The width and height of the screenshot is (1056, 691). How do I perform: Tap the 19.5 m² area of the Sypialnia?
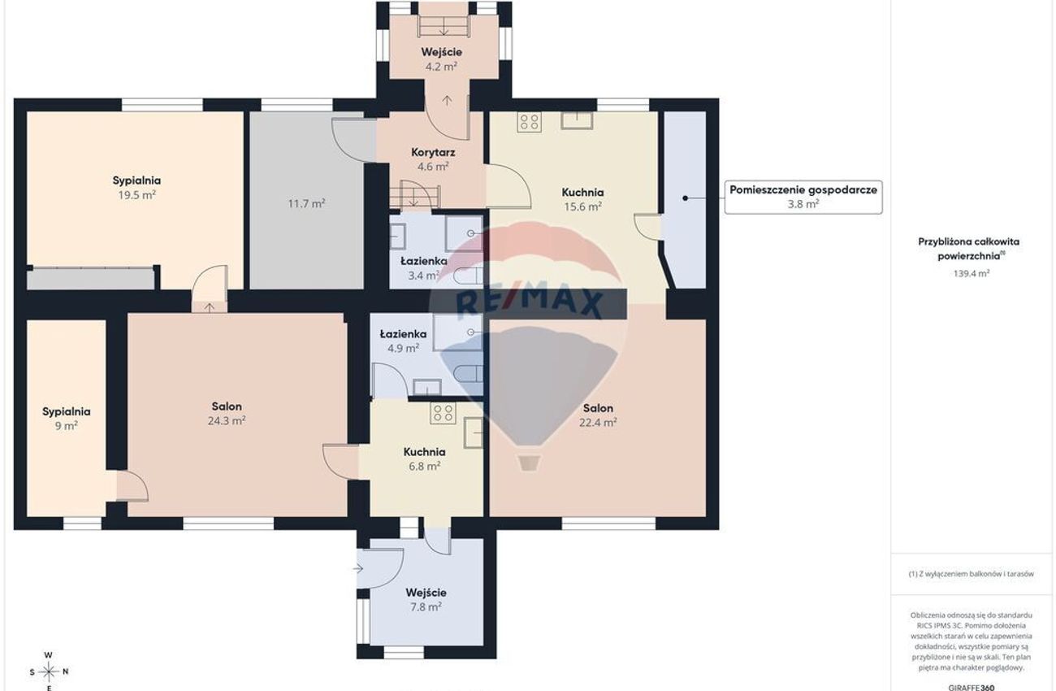point(136,195)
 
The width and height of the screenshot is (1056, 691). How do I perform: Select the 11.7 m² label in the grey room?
point(306,204)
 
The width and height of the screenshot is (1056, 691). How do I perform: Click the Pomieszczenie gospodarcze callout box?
point(803,198)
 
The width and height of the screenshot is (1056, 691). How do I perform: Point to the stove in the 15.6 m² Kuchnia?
point(529,122)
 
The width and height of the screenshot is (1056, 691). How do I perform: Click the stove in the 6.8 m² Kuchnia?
point(444,413)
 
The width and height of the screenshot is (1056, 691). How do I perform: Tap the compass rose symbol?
point(49,671)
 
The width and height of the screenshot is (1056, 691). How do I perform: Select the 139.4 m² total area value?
point(972,273)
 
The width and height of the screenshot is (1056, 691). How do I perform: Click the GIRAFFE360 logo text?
point(972,687)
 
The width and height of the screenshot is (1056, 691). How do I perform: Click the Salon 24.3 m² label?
point(227,413)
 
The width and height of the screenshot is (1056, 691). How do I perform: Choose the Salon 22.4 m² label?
point(598,415)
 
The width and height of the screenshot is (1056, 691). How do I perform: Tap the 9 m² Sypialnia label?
point(67,419)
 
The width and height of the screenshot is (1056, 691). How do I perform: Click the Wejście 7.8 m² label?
point(426,599)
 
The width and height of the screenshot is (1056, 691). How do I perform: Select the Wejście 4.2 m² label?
point(441,59)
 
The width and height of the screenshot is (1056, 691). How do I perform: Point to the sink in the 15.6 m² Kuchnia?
point(577,120)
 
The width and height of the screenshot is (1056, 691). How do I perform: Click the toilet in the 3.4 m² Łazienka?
point(468,276)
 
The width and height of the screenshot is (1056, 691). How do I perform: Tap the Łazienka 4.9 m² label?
point(403,341)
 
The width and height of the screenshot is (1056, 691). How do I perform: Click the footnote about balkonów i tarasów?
point(972,574)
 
